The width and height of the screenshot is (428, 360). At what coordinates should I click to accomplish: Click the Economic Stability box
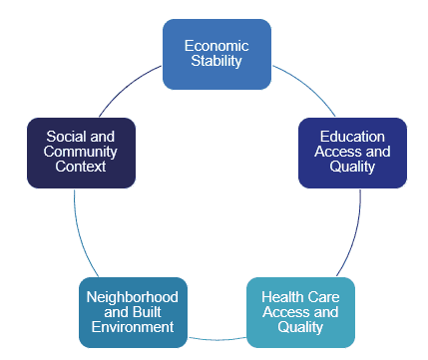(x=216, y=54)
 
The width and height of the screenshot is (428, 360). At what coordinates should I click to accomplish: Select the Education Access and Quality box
(x=352, y=152)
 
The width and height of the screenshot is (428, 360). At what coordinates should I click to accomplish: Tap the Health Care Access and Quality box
(x=300, y=311)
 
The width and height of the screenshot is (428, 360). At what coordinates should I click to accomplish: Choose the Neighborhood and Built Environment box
(x=133, y=311)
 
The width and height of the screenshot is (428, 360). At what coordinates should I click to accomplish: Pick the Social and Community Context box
(x=81, y=152)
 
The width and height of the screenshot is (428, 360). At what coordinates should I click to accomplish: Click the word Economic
(x=216, y=45)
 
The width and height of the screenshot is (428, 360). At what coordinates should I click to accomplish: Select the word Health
(x=282, y=297)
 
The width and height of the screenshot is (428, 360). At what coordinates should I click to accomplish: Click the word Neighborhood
(x=133, y=297)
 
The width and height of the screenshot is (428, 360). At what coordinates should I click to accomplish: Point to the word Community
(x=81, y=152)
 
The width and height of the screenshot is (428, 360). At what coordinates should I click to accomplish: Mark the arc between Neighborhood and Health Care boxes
(x=216, y=339)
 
